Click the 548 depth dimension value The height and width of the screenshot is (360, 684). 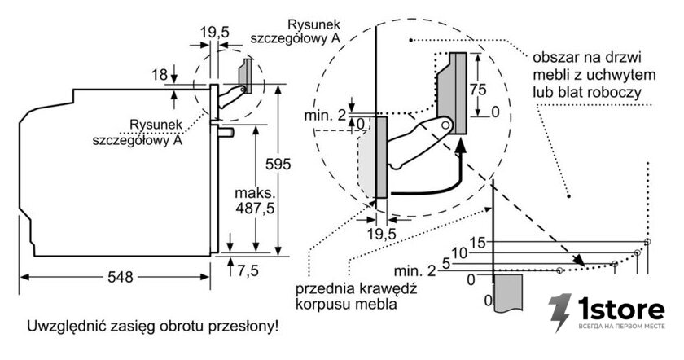(121, 277)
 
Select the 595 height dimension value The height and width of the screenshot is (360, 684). (278, 164)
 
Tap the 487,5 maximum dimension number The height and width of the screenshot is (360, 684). (255, 209)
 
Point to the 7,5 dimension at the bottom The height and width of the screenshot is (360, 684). (248, 270)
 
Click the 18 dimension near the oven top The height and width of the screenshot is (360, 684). (160, 75)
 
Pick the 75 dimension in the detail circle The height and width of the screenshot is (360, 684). (478, 90)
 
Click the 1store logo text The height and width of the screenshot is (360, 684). (621, 310)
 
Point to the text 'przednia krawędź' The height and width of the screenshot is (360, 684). (357, 288)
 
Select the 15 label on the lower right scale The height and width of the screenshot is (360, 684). (478, 243)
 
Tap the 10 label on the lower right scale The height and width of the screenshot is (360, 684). (459, 252)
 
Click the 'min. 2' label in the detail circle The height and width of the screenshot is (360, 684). (325, 115)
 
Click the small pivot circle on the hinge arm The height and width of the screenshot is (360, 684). (445, 125)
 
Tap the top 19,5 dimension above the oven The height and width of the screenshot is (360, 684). (215, 33)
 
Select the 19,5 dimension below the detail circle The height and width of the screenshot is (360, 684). (382, 235)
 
